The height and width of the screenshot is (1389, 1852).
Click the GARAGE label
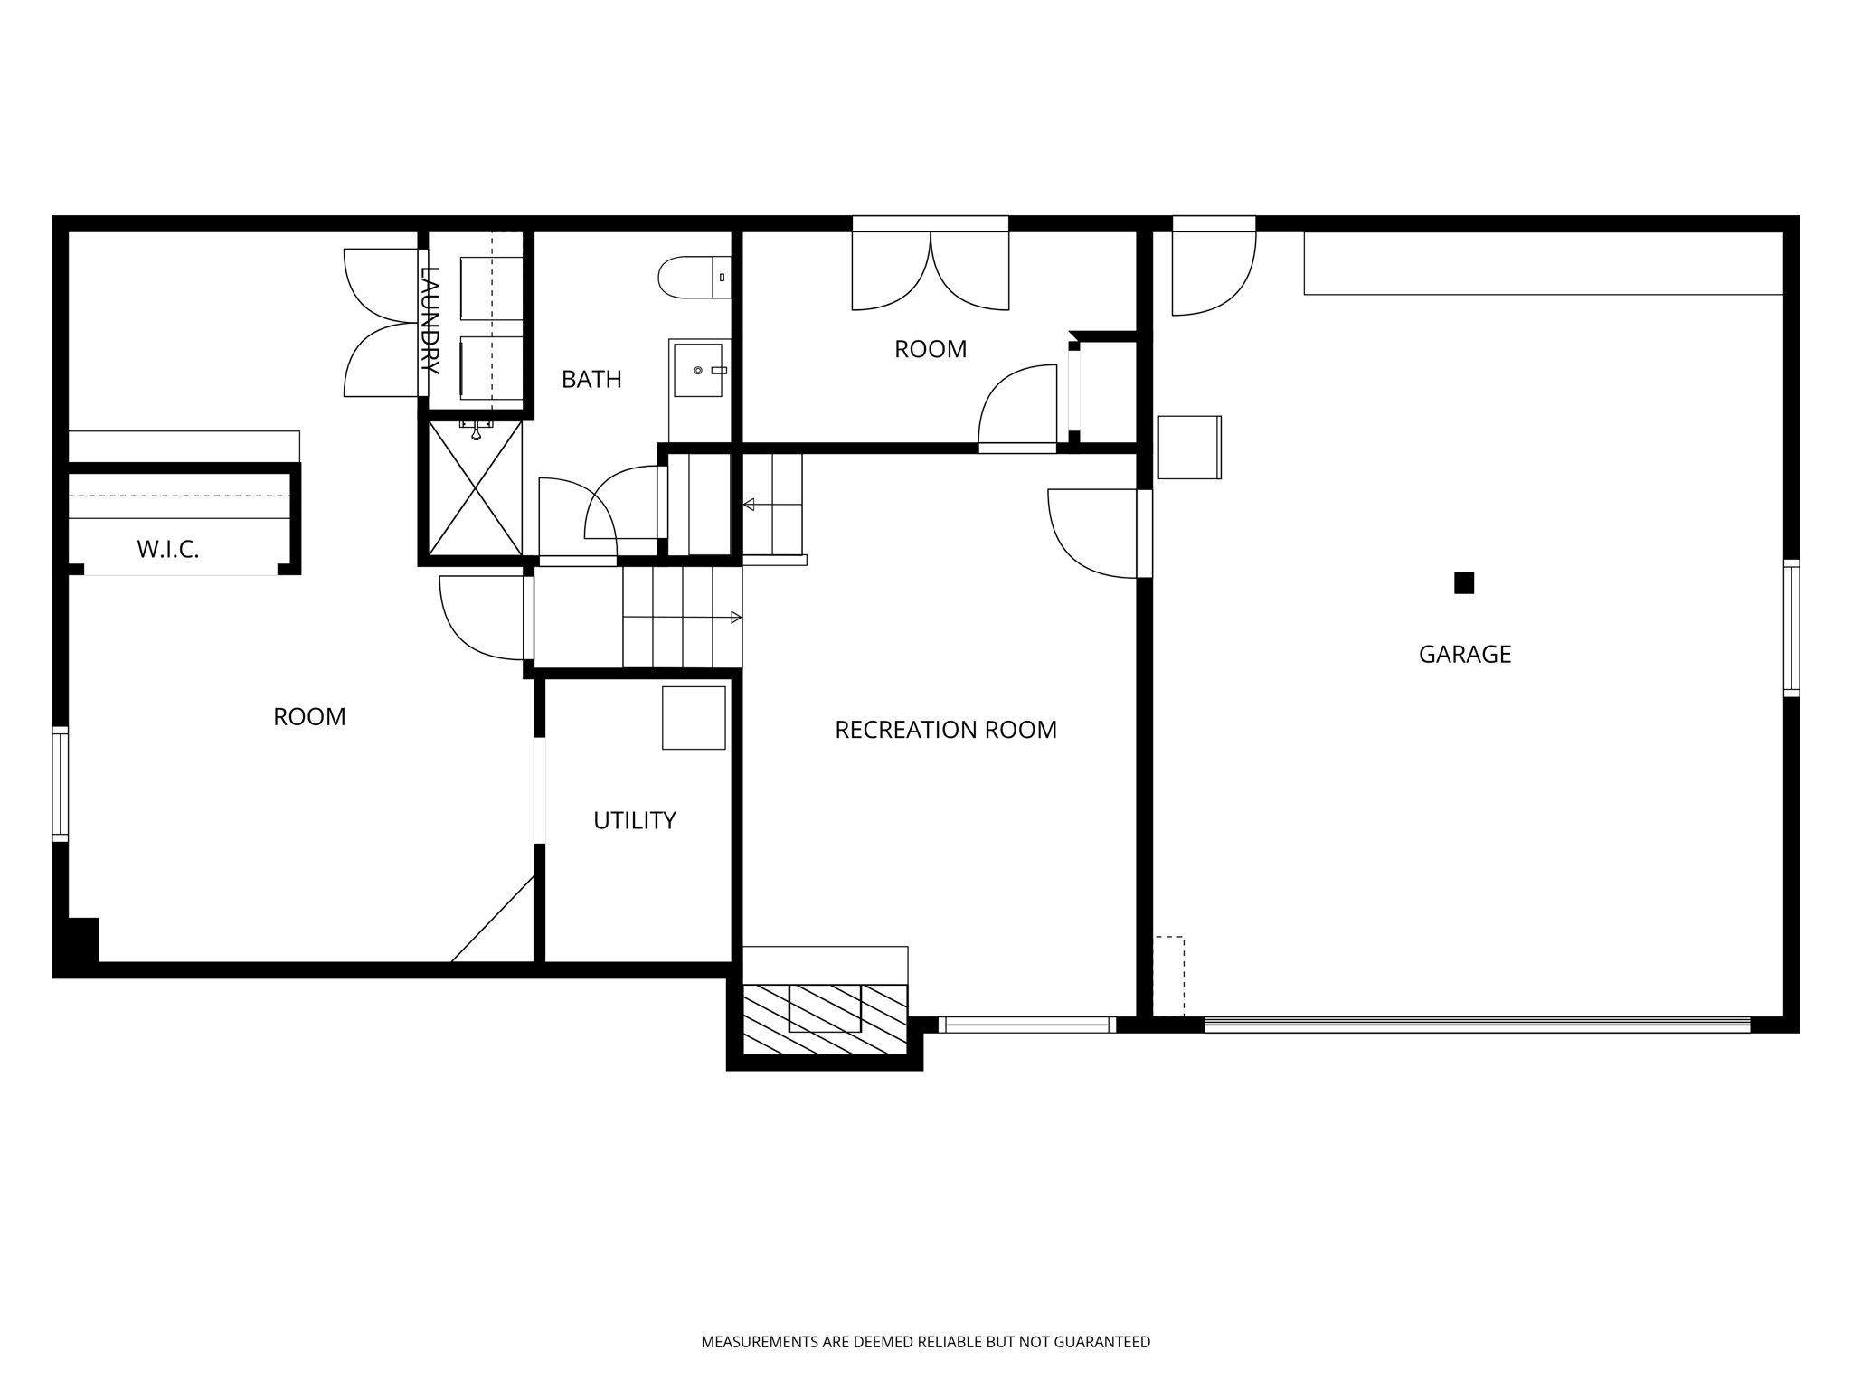coord(1464,654)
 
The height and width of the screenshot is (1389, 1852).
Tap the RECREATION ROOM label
coord(945,730)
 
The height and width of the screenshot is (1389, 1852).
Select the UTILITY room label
coord(634,820)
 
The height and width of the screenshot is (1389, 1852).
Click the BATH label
coord(591,380)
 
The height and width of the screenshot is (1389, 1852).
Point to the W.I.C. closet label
coord(167,549)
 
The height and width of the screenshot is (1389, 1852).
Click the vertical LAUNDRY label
coord(430,321)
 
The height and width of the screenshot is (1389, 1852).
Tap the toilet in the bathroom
coord(692,278)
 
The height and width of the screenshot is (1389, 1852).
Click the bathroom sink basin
coord(698,370)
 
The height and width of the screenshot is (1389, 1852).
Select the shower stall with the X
coord(475,488)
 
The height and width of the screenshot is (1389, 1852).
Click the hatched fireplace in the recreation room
coord(824,1018)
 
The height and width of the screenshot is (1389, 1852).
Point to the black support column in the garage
coord(1464,583)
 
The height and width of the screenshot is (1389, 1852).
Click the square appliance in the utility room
coord(694,718)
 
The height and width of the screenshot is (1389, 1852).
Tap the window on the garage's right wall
coord(1791,628)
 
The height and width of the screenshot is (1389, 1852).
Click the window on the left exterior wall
coord(60,784)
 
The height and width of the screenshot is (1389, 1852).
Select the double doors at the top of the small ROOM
coord(931,269)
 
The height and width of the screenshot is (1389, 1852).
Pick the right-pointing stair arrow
coord(735,618)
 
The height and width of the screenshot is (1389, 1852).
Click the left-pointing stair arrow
coord(749,505)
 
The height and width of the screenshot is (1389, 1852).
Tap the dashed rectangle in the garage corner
coord(1168,976)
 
